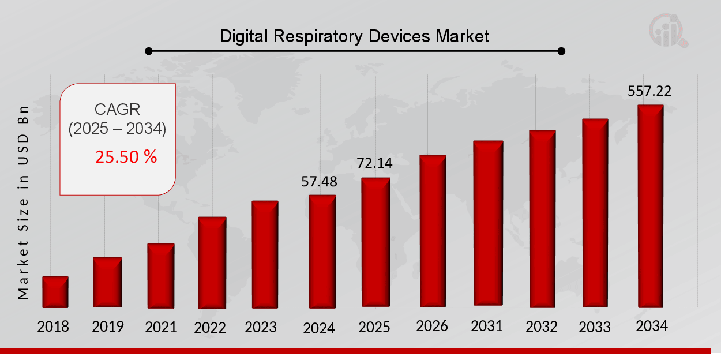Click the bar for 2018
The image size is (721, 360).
[x=55, y=292]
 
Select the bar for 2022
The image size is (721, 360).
[x=212, y=262]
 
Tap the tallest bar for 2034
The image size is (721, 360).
[x=650, y=206]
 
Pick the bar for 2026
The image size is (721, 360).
[x=433, y=230]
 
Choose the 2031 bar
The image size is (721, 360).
[x=488, y=223]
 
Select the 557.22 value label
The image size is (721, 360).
[x=649, y=91]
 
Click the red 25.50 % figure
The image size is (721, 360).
[x=126, y=156]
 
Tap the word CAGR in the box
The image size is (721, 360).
[x=117, y=109]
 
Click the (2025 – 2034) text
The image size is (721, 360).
[x=117, y=129]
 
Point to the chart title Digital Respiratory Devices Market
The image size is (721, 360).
[x=354, y=37]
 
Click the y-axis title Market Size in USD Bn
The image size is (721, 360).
[x=23, y=201]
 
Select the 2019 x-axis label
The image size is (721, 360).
[x=108, y=327]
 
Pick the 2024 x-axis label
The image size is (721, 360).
[x=319, y=328]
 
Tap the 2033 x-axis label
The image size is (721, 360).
[x=595, y=327]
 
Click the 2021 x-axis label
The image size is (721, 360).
[x=160, y=327]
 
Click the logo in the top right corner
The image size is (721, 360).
[x=669, y=31]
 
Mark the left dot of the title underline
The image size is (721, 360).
[x=148, y=51]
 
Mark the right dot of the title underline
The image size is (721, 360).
[x=561, y=51]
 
